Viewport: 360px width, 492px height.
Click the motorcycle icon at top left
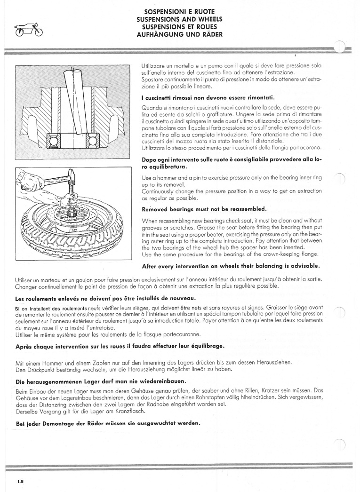click(29, 29)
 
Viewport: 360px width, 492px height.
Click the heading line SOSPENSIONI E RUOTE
click(179, 12)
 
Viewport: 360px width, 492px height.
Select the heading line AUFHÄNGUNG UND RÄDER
click(179, 34)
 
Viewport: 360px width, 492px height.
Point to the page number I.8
click(21, 481)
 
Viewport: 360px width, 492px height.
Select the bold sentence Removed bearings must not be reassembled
click(204, 209)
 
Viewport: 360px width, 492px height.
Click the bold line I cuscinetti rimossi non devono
click(208, 97)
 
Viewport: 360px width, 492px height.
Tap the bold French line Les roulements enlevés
click(105, 298)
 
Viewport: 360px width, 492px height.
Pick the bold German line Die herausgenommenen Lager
click(100, 381)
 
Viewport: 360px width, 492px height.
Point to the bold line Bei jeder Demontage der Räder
click(108, 423)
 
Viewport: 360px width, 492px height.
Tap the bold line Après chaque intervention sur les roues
click(120, 346)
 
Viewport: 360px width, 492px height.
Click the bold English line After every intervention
click(231, 266)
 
